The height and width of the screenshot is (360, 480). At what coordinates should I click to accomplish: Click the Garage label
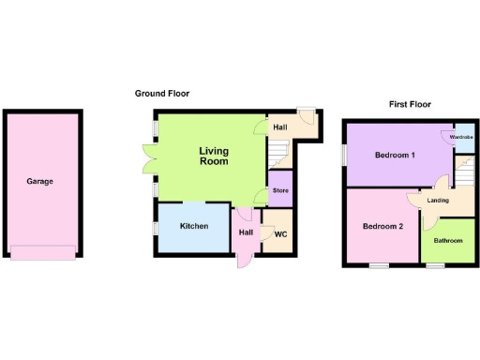pyautogui.click(x=39, y=181)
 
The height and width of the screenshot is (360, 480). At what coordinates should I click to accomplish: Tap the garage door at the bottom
pyautogui.click(x=41, y=251)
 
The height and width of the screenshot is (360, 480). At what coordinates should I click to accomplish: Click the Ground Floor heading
pyautogui.click(x=162, y=93)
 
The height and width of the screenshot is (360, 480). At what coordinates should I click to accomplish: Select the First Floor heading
pyautogui.click(x=410, y=104)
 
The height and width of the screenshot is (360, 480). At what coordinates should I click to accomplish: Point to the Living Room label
pyautogui.click(x=214, y=156)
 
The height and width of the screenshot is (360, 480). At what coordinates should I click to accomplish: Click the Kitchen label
pyautogui.click(x=194, y=226)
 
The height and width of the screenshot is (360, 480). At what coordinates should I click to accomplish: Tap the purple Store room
pyautogui.click(x=280, y=191)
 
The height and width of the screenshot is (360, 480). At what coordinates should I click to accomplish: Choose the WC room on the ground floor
pyautogui.click(x=279, y=234)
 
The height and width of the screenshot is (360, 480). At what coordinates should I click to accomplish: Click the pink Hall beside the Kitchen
pyautogui.click(x=246, y=234)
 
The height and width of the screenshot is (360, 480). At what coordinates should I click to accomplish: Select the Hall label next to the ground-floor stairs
pyautogui.click(x=279, y=127)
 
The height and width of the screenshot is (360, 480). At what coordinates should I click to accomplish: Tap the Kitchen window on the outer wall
pyautogui.click(x=156, y=227)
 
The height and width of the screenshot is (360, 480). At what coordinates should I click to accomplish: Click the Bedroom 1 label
pyautogui.click(x=395, y=155)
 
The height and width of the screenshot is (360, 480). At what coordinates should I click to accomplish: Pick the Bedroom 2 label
pyautogui.click(x=382, y=226)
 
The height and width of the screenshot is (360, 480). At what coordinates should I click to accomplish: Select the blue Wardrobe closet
pyautogui.click(x=461, y=138)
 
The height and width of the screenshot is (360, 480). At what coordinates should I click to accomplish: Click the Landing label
pyautogui.click(x=437, y=200)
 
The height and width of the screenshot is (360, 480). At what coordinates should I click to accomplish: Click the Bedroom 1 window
pyautogui.click(x=342, y=155)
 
